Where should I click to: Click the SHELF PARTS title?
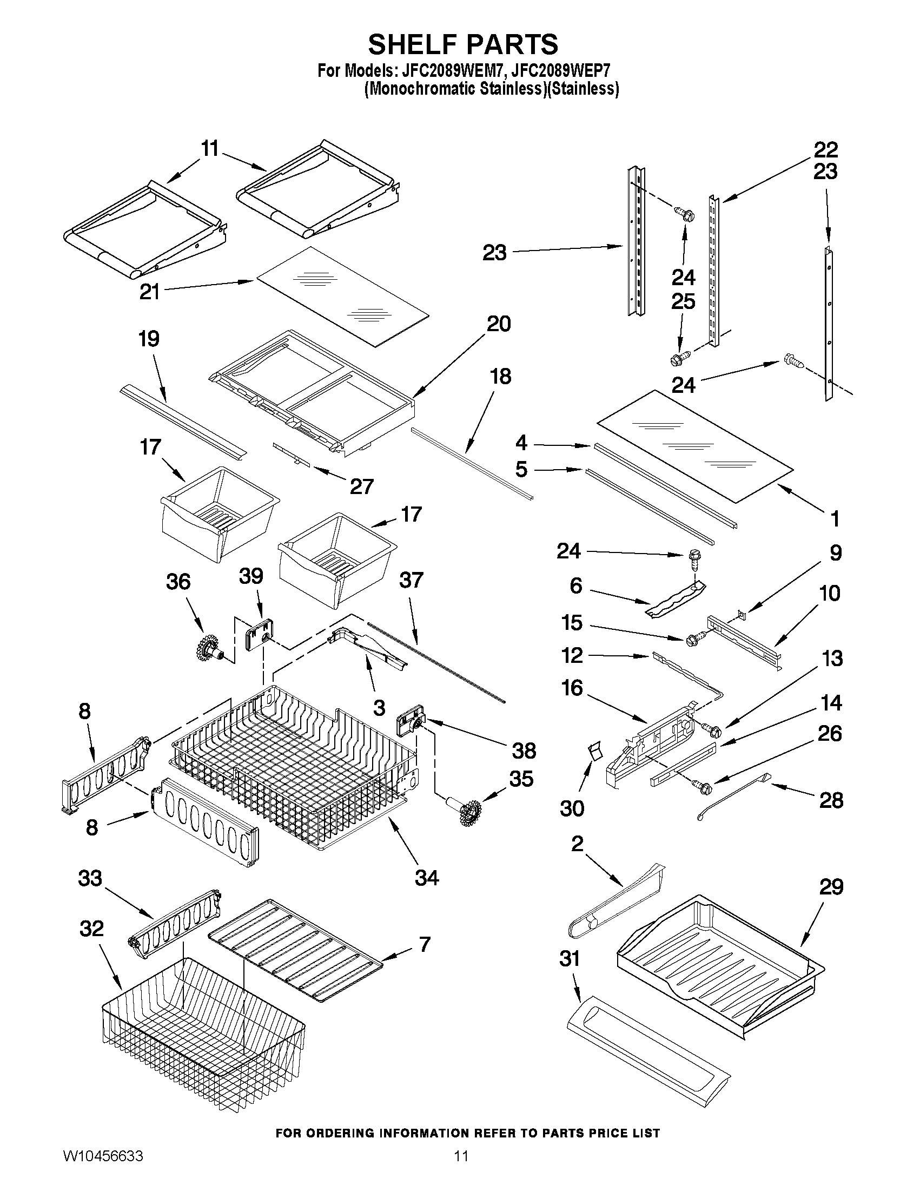tap(463, 44)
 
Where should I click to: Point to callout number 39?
tap(251, 576)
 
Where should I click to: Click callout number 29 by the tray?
tap(831, 887)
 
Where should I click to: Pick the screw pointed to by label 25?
tap(677, 359)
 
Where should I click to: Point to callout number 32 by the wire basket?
tap(91, 928)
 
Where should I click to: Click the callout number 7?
tap(425, 944)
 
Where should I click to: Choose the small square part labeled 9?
tap(742, 615)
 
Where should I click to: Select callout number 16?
tap(572, 688)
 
